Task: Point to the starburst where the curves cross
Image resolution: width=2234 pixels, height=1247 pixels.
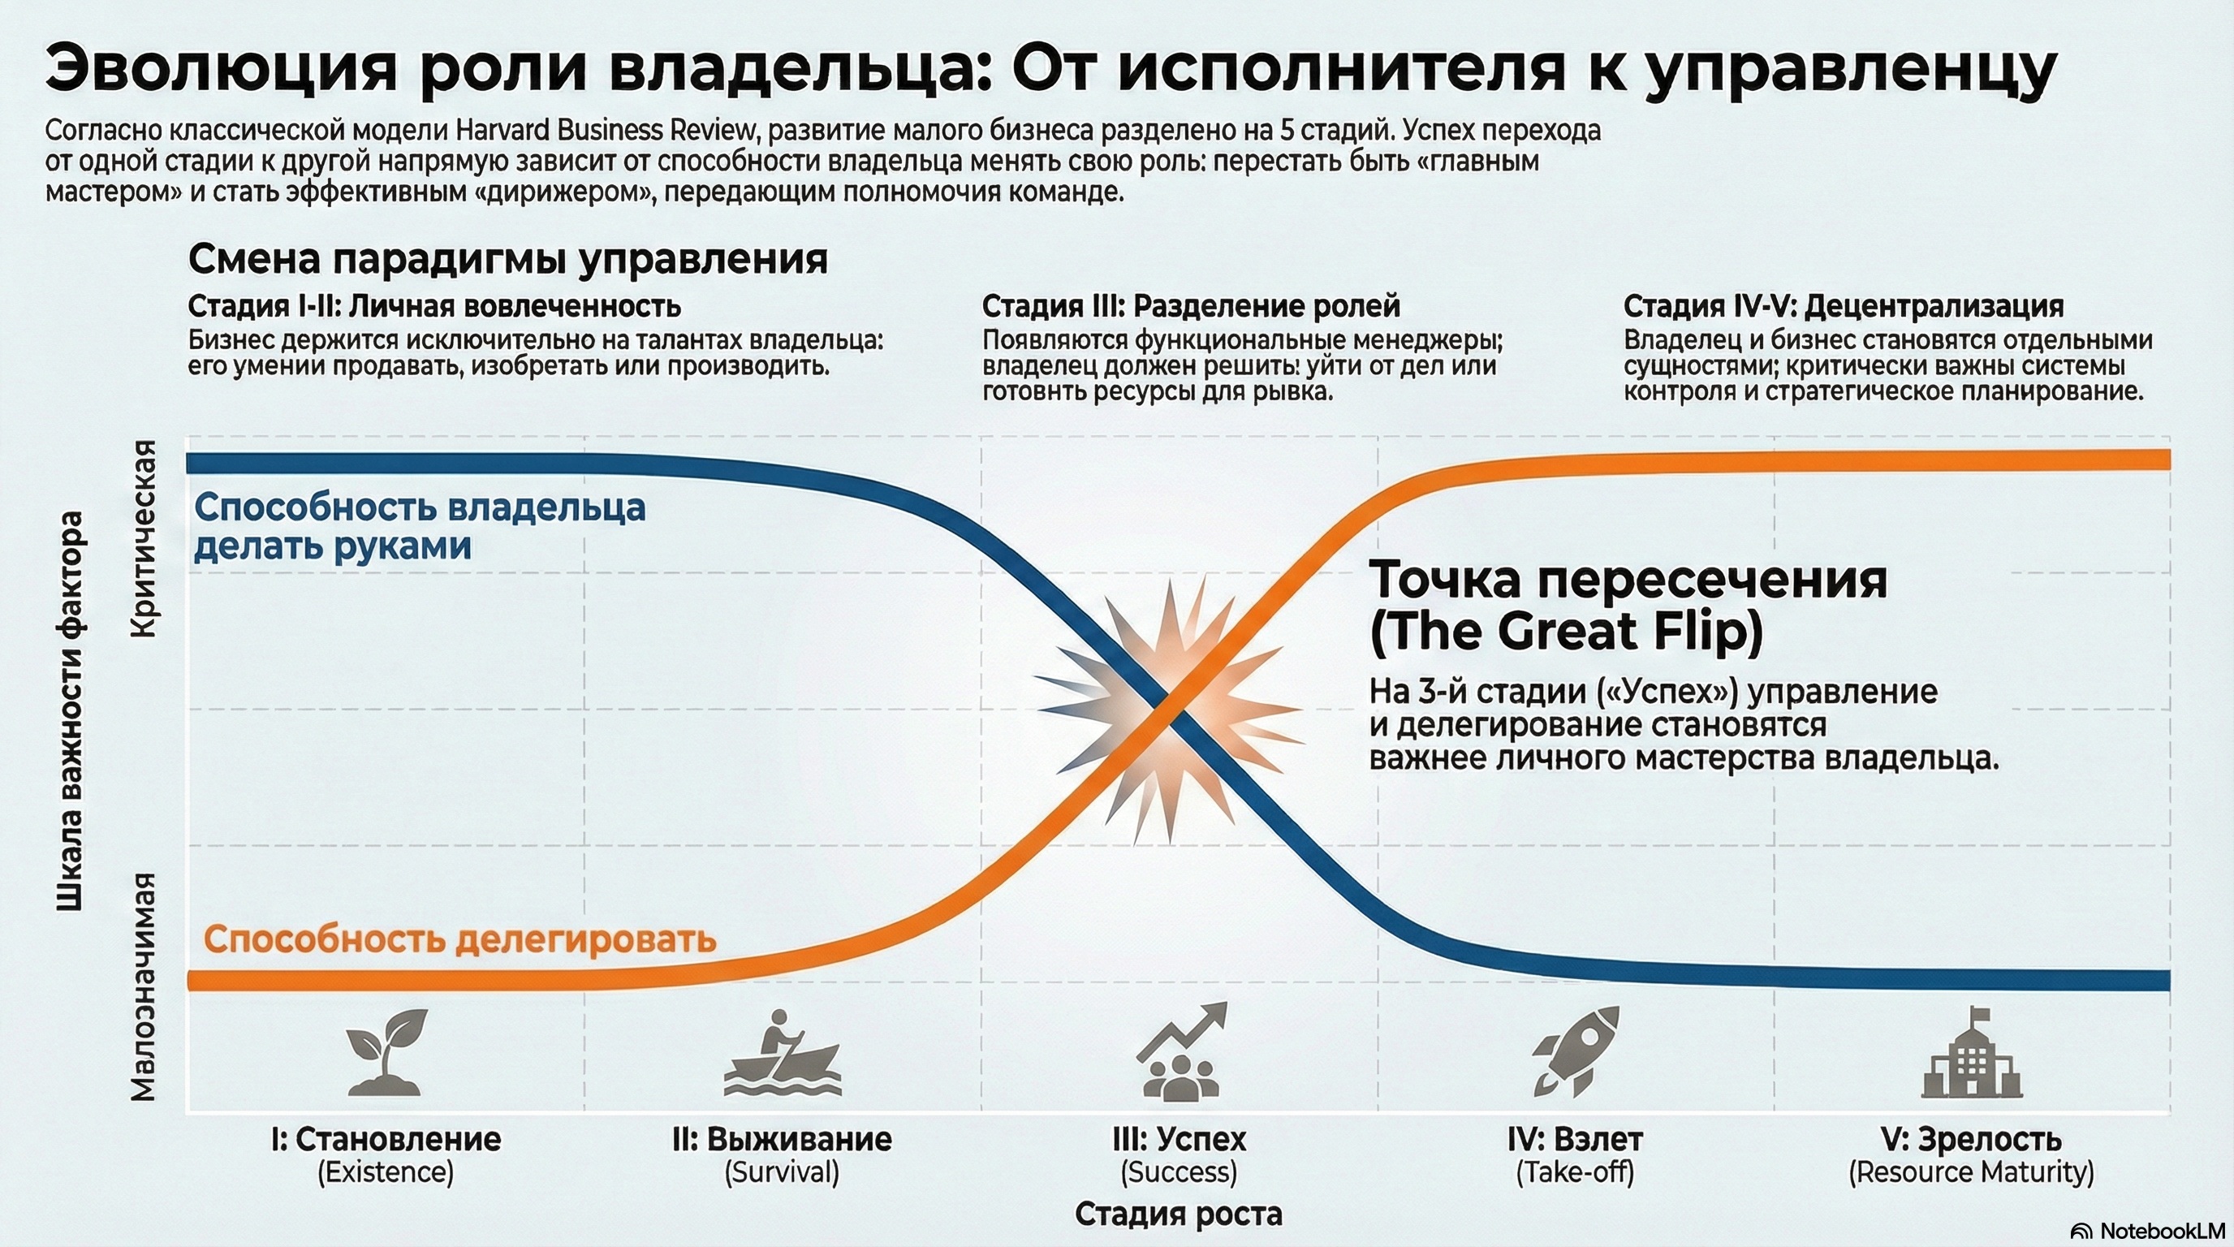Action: pos(1170,711)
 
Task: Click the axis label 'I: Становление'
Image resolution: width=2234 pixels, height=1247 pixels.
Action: pos(386,1138)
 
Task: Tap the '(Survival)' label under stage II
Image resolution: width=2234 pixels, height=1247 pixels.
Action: pos(782,1172)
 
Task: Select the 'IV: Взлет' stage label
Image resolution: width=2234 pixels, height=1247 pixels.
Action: pos(1575,1138)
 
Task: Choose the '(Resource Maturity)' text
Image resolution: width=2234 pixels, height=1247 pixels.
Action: pos(1971,1172)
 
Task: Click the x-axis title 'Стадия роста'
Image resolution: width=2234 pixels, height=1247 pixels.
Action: pos(1179,1214)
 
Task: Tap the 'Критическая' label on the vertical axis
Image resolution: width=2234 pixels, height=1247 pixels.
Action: pos(144,539)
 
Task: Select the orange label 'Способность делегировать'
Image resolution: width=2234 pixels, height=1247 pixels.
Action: pos(459,939)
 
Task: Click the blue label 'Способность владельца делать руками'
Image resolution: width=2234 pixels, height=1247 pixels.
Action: pos(420,526)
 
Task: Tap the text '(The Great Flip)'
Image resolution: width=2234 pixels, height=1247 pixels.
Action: pos(1566,632)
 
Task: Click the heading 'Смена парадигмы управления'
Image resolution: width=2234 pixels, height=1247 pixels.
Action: pos(507,258)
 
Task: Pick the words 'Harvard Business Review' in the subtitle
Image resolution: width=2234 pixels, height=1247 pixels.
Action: pos(606,130)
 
